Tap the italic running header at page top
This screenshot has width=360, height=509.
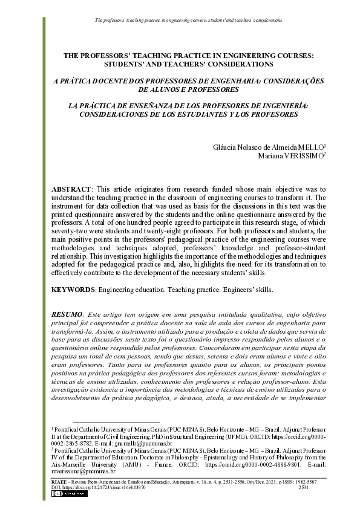(188, 20)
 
